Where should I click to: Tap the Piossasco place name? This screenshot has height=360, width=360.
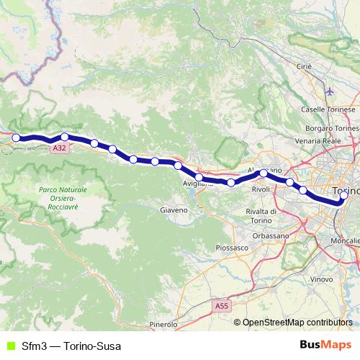coord(231,247)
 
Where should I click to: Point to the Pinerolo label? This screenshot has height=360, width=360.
coord(163,325)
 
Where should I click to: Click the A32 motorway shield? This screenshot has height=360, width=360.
coord(60,147)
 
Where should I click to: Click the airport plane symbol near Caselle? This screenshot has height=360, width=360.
coord(329,92)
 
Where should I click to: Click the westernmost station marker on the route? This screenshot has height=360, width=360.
coord(16,138)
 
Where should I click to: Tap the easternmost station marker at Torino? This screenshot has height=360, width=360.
coord(343,195)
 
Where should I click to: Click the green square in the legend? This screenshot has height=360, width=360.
coord(9,346)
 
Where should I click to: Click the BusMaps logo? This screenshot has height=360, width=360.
coord(325,345)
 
